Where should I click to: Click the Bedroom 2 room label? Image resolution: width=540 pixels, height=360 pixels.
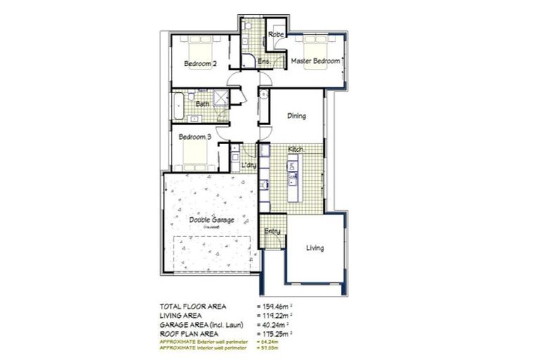200,64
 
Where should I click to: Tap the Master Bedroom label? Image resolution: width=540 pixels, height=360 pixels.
316,61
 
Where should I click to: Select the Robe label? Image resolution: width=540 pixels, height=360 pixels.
275,34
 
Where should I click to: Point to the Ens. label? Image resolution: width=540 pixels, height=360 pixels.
264,62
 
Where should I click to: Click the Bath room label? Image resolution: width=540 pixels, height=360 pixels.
202,104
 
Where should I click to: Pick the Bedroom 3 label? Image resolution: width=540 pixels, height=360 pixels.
195,136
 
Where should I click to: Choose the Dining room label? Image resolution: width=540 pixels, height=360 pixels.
297,116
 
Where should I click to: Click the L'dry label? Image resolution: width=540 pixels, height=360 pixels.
248,165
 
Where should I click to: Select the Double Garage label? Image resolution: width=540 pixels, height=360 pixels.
212,220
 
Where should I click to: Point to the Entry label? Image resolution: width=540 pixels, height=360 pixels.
272,231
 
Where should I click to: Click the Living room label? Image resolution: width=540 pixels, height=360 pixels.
314,247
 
